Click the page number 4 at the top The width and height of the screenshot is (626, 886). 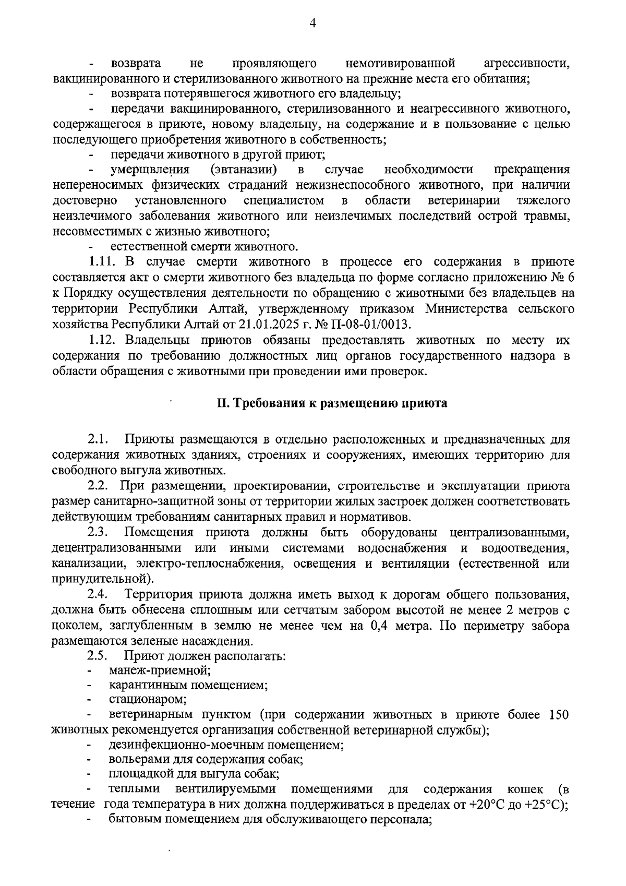point(313,22)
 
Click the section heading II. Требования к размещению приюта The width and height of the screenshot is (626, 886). point(332,404)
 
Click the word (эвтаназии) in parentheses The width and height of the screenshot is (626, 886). point(244,170)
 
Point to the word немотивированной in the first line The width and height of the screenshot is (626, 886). point(400,64)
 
